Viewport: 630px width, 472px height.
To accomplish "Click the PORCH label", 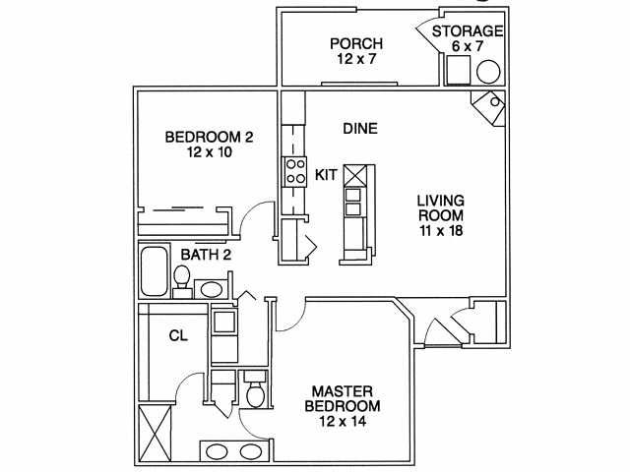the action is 356,43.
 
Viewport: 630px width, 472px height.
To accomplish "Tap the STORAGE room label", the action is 468,30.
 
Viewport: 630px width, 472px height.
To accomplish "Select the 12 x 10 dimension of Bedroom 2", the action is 210,152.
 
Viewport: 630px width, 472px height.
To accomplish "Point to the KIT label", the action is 326,175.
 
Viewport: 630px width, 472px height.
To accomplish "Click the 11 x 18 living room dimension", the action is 441,231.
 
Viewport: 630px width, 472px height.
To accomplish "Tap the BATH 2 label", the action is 206,255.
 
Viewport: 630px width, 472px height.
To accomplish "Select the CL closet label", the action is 178,335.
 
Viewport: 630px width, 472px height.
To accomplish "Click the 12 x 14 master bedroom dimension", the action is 343,421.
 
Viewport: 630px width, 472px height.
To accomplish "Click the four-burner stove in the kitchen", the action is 295,171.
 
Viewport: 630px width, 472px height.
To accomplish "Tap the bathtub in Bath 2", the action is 154,271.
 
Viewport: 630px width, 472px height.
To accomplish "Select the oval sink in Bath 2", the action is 211,289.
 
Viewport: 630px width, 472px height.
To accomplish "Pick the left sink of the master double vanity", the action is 217,451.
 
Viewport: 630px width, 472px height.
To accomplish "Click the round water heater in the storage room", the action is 488,72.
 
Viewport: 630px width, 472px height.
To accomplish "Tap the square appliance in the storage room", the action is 459,70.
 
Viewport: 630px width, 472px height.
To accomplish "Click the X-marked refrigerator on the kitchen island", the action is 355,175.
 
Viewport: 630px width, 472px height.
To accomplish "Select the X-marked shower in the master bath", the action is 155,435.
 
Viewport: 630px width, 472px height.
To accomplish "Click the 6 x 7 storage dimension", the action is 468,46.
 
